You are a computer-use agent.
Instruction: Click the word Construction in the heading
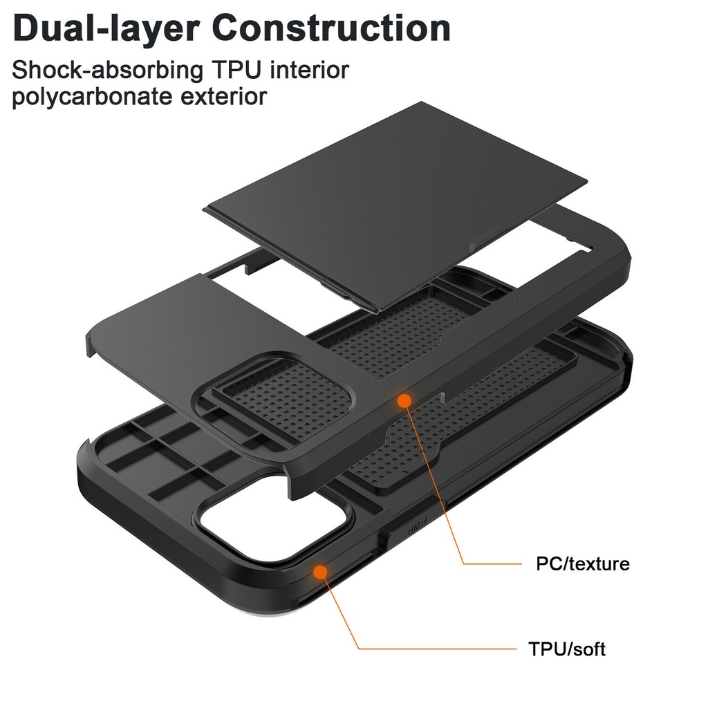331,28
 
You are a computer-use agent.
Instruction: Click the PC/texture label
583,563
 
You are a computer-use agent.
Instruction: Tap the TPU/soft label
566,649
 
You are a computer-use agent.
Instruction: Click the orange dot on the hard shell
404,400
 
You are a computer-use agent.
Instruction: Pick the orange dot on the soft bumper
319,571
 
